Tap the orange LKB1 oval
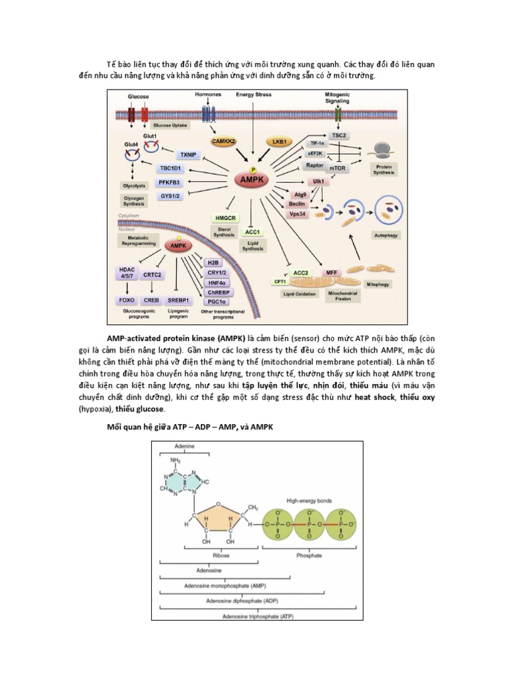pyautogui.click(x=278, y=142)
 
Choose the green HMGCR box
pyautogui.click(x=225, y=217)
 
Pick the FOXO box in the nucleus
pyautogui.click(x=126, y=300)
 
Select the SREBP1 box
pyautogui.click(x=181, y=300)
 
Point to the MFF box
pyautogui.click(x=331, y=272)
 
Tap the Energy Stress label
pyautogui.click(x=254, y=95)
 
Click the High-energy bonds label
pyautogui.click(x=309, y=500)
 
